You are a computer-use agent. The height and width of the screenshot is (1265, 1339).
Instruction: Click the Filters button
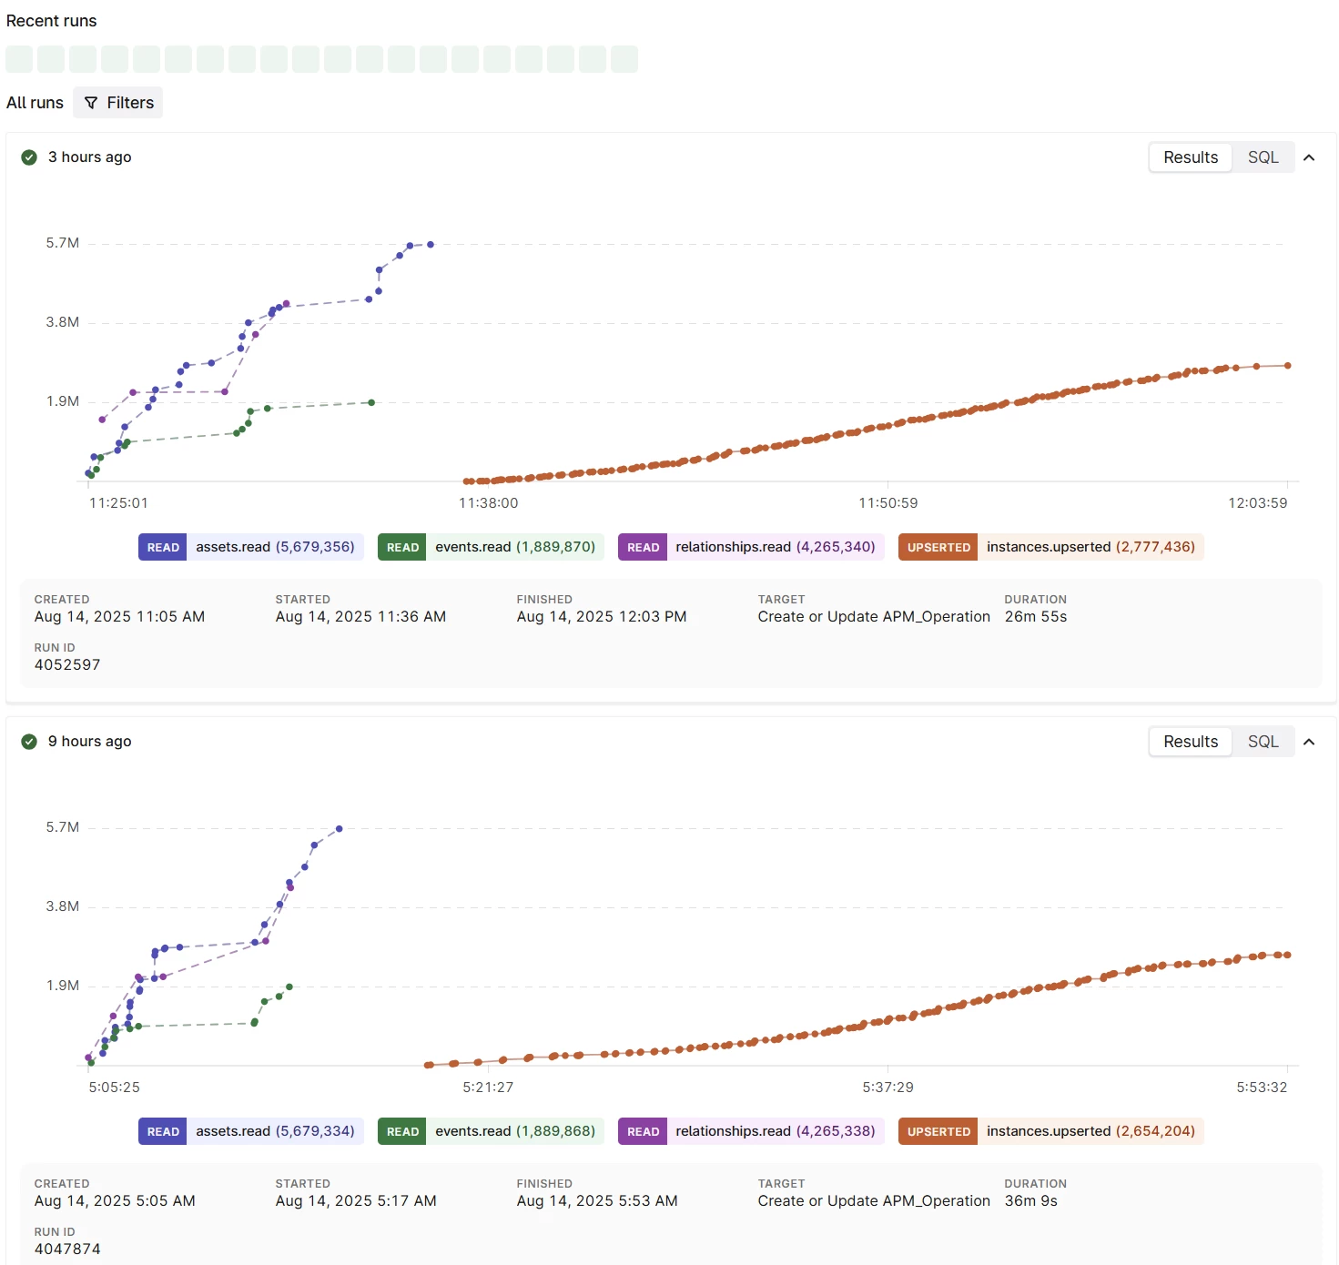click(x=118, y=103)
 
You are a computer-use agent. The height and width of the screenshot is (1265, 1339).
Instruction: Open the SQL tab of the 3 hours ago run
click(x=1263, y=157)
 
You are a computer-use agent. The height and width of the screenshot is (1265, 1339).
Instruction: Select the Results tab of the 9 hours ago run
click(x=1190, y=742)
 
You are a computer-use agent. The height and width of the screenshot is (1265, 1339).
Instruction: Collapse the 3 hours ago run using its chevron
click(x=1309, y=157)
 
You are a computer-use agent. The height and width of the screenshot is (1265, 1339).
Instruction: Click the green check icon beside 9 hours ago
click(x=29, y=742)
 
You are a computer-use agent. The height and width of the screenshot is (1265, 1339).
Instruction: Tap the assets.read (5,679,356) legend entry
click(x=251, y=547)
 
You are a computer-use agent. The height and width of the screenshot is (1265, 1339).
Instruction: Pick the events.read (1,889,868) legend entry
click(x=491, y=1131)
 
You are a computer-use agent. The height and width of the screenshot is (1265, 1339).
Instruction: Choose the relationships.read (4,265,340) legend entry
click(x=751, y=547)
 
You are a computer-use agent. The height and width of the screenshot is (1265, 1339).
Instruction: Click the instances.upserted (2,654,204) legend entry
click(x=1050, y=1131)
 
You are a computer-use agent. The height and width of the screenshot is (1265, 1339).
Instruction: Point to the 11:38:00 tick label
click(x=488, y=503)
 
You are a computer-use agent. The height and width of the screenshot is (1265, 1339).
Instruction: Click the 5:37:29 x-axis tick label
click(x=888, y=1088)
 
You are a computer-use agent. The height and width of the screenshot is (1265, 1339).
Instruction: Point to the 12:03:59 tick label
click(x=1257, y=503)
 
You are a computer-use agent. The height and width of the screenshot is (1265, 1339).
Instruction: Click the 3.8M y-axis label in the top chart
click(x=63, y=322)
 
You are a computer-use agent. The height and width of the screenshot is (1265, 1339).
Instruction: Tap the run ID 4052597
click(x=67, y=665)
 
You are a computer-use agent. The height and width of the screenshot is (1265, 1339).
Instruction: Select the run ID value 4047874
click(x=67, y=1250)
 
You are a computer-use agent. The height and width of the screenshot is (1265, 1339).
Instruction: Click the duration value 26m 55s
click(x=1035, y=617)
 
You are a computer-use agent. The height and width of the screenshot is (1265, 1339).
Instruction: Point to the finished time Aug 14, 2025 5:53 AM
click(x=597, y=1201)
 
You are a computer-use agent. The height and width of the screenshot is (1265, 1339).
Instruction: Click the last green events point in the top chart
click(x=371, y=402)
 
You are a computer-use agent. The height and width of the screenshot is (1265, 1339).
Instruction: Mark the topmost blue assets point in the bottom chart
click(x=340, y=829)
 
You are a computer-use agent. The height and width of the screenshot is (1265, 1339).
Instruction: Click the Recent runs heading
click(x=52, y=21)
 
